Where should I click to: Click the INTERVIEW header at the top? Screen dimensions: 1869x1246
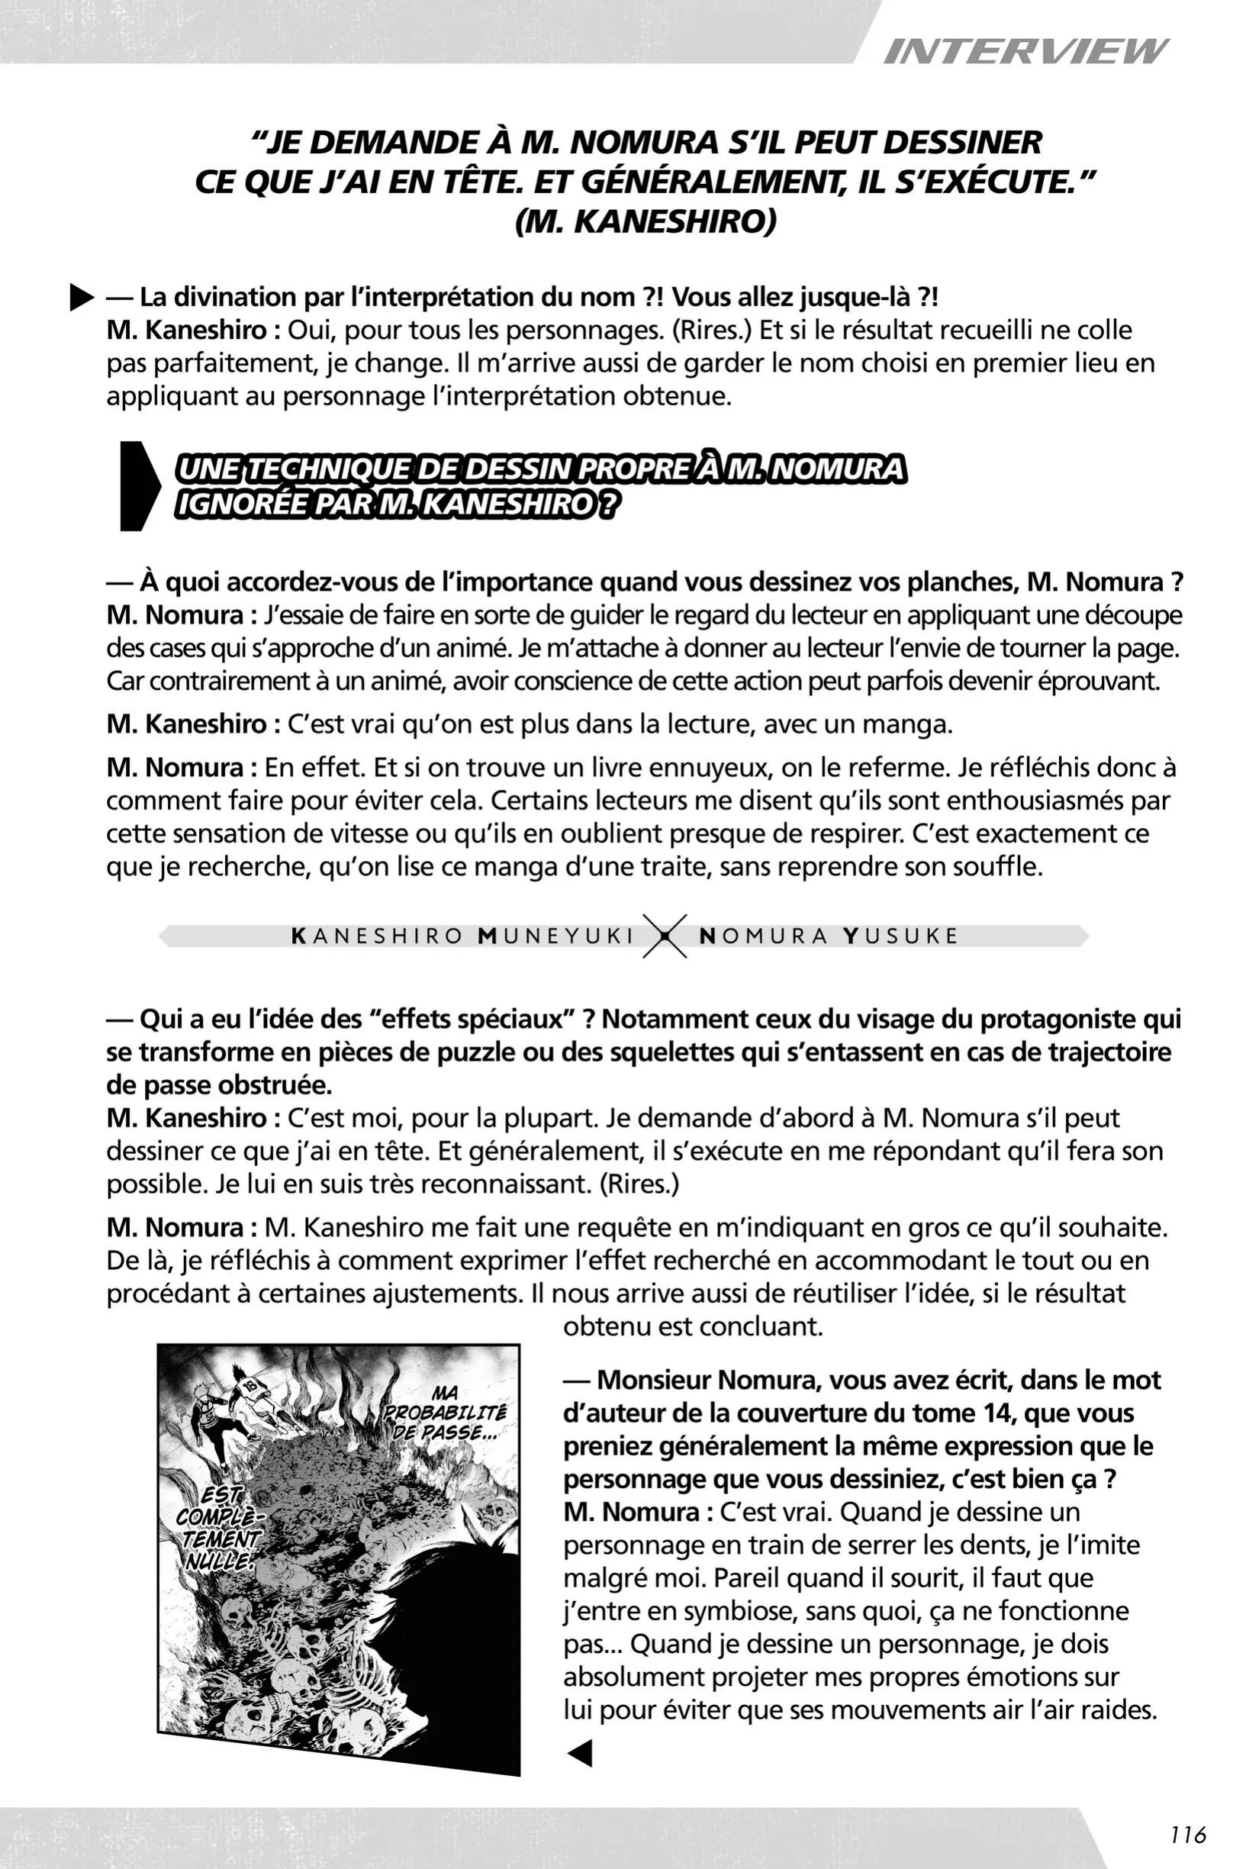coord(1025,53)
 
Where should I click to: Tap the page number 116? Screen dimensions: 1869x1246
coord(1188,1834)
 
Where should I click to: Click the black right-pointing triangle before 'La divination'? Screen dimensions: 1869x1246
coord(81,298)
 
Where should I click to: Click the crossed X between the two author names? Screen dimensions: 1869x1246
coord(665,936)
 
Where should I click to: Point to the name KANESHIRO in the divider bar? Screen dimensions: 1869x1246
coord(378,936)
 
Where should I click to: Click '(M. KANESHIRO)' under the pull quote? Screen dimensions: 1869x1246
coord(646,222)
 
